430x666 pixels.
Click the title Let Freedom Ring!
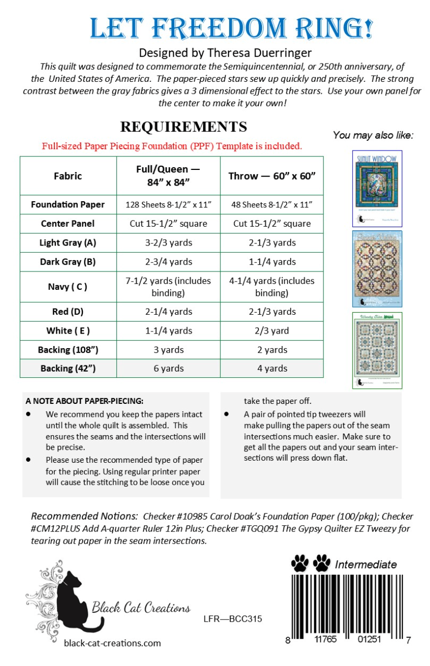[231, 28]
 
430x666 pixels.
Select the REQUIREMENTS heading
[183, 127]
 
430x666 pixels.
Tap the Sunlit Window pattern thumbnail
[370, 188]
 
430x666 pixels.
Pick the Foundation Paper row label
[68, 205]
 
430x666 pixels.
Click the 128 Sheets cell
[168, 205]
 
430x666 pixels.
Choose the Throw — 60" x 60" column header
[272, 176]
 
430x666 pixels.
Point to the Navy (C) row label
[68, 287]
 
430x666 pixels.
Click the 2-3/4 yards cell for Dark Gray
[168, 262]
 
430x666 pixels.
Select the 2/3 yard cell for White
[272, 331]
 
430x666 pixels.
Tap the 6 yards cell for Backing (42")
[168, 368]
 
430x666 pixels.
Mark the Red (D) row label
[68, 312]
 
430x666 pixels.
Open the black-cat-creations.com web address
[112, 643]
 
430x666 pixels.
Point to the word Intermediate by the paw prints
[365, 564]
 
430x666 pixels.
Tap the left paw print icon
[300, 563]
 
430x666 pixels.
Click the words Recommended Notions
[83, 516]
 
